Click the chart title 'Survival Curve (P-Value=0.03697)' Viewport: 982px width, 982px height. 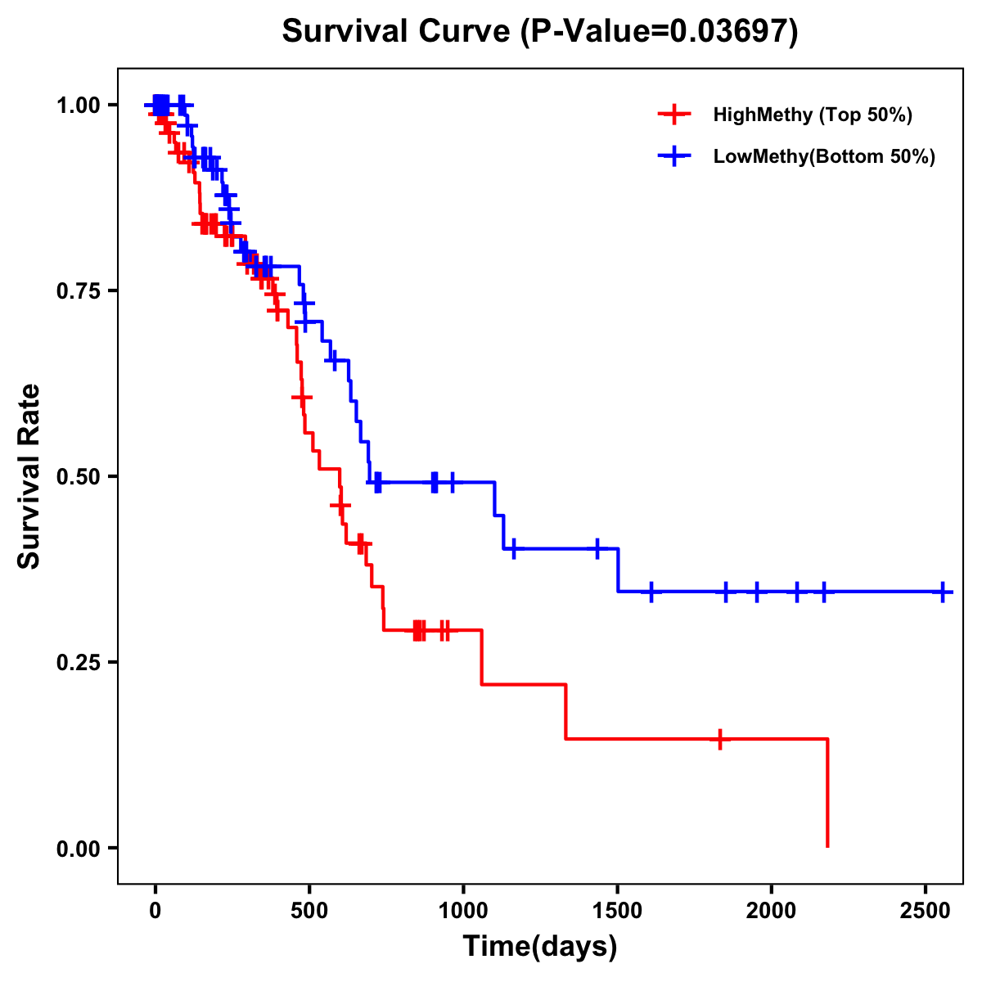pyautogui.click(x=540, y=31)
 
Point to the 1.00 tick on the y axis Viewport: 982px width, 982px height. pyautogui.click(x=78, y=106)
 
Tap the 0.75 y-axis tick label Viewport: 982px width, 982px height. pyautogui.click(x=78, y=291)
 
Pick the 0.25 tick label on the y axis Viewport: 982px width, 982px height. pyautogui.click(x=78, y=663)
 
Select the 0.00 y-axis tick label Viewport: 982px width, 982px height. pyautogui.click(x=78, y=849)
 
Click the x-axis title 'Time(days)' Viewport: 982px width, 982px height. pyautogui.click(x=540, y=947)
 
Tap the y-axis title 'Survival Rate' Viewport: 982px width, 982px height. pyautogui.click(x=29, y=476)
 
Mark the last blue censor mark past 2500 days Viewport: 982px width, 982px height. pyautogui.click(x=943, y=592)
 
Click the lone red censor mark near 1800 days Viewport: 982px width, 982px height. pyautogui.click(x=719, y=739)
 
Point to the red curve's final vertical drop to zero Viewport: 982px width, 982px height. pyautogui.click(x=827, y=794)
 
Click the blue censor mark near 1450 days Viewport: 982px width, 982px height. pyautogui.click(x=597, y=548)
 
